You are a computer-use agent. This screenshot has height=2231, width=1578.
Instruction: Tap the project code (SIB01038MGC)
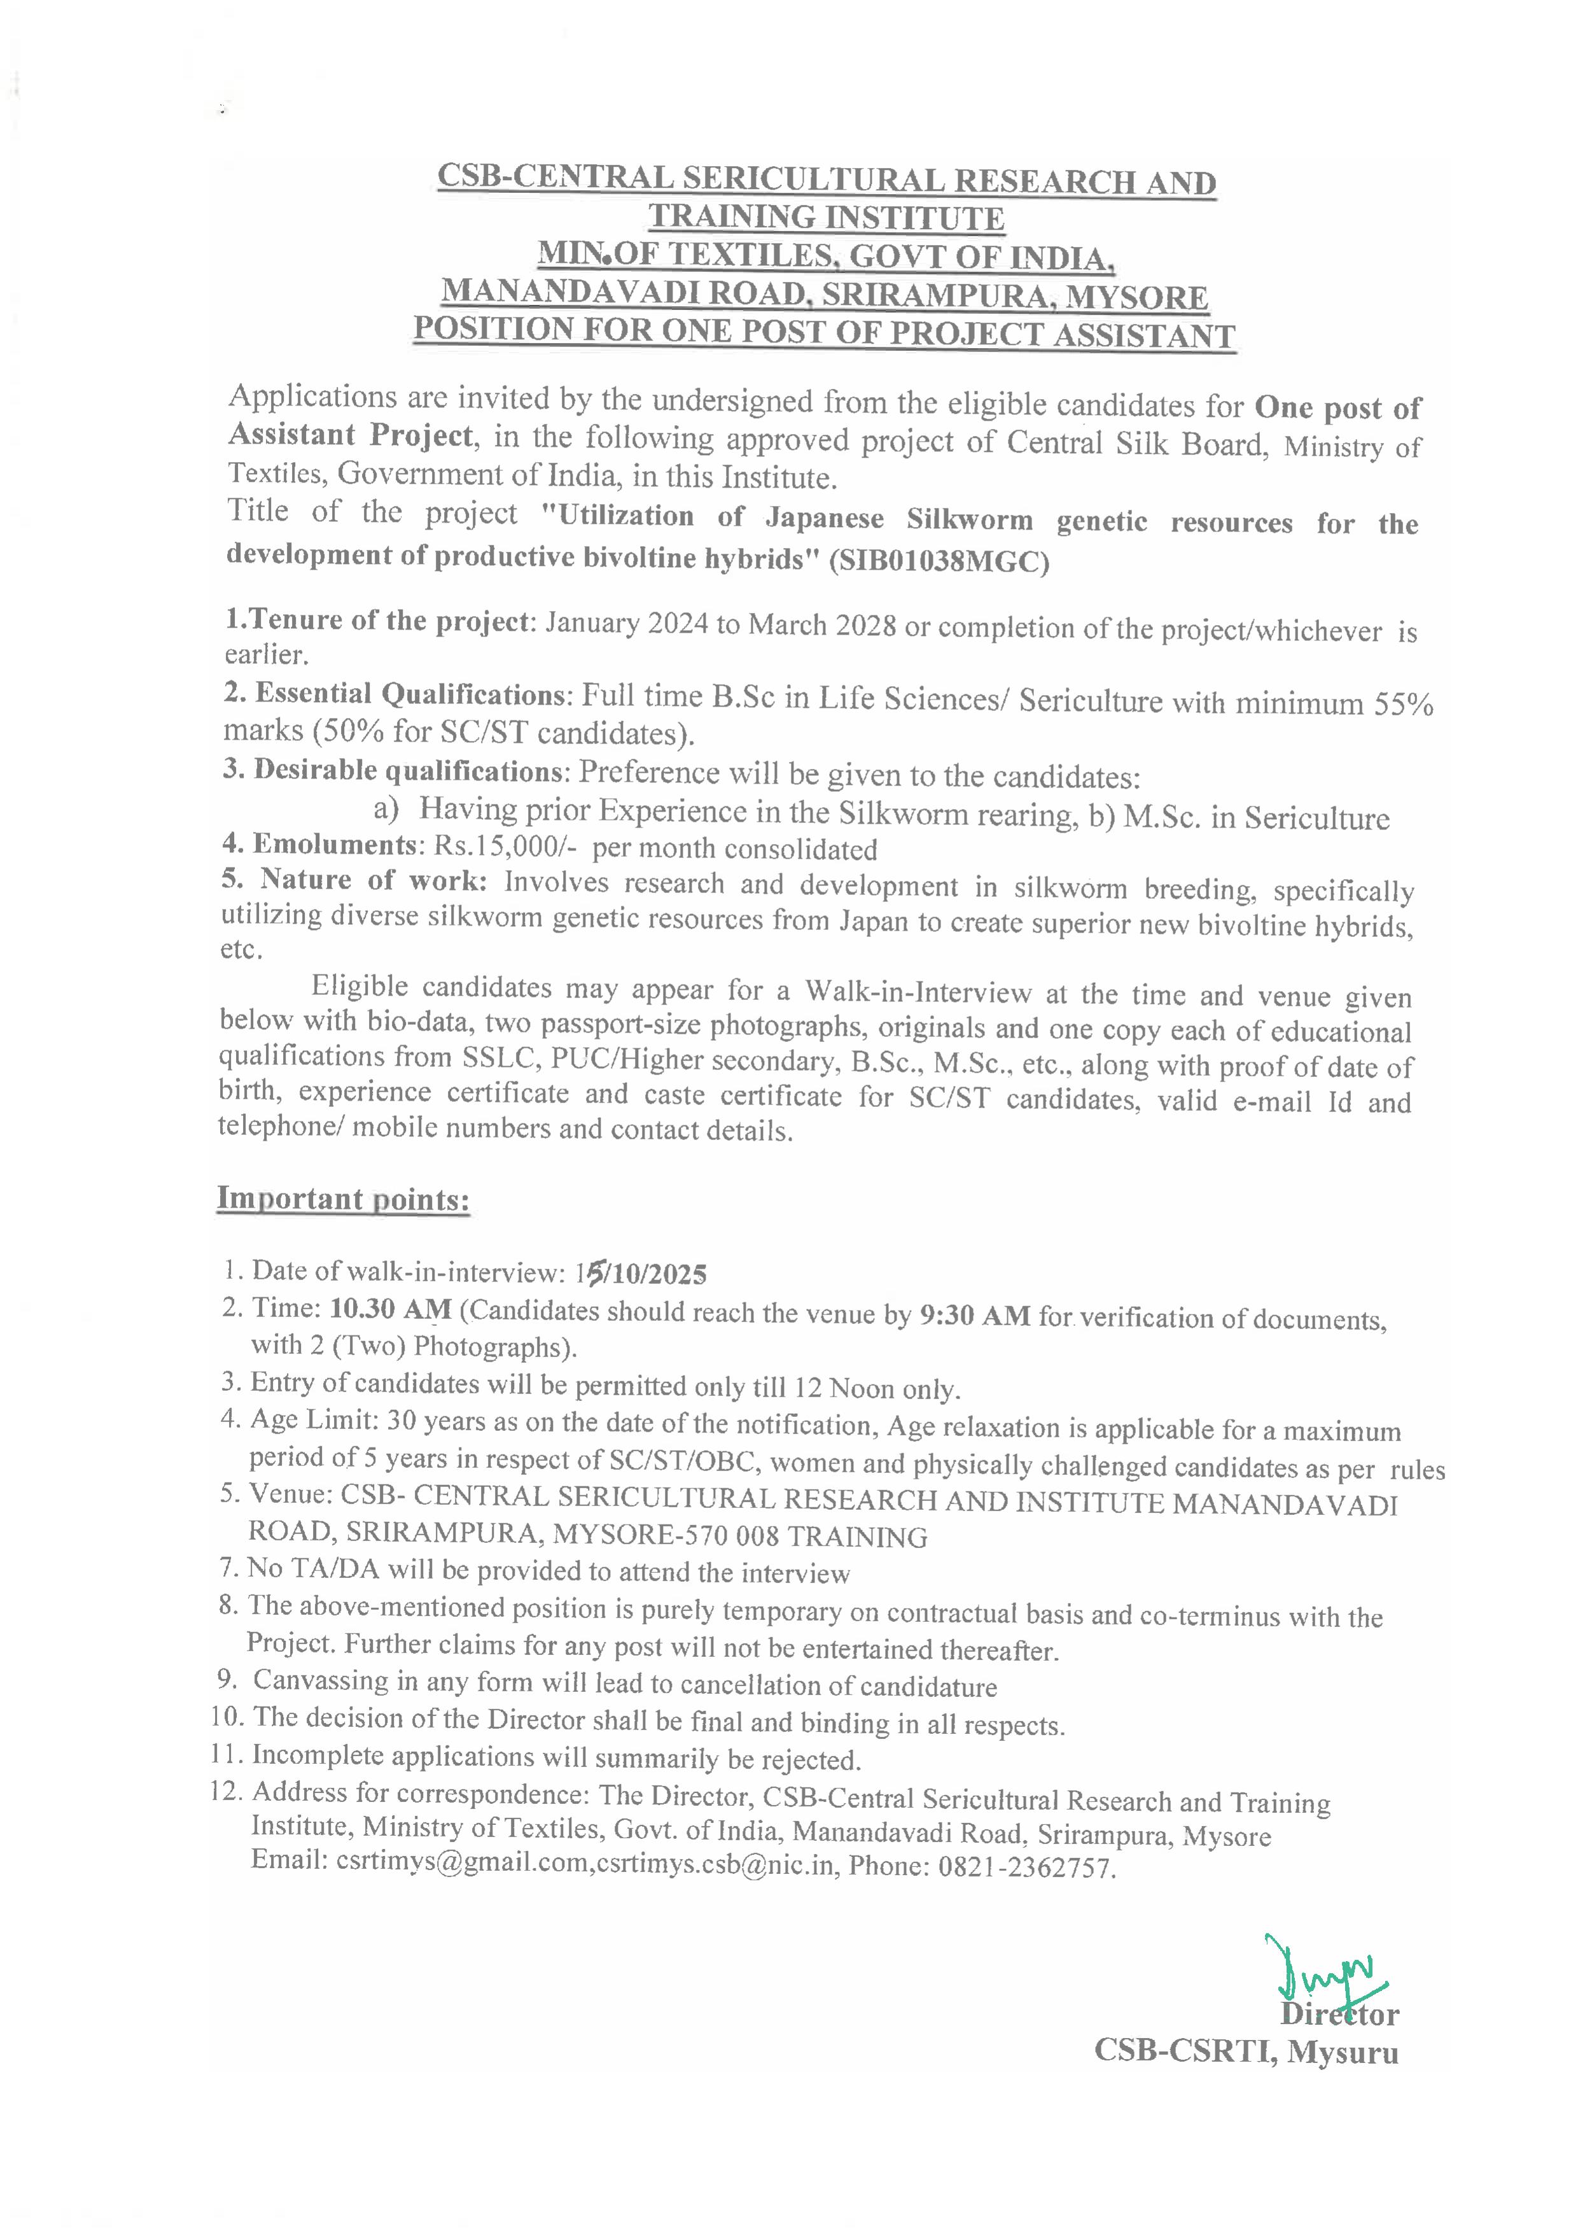[940, 562]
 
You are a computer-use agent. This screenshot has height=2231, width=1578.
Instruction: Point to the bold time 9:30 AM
[975, 1315]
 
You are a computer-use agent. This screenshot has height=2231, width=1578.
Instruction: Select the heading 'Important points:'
[343, 1199]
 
